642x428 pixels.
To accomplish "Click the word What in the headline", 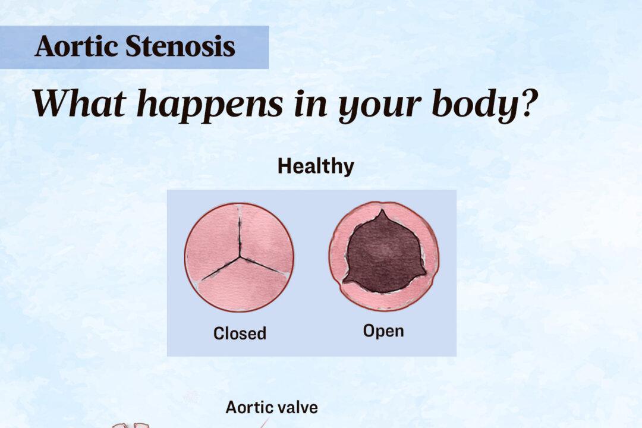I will point(71,103).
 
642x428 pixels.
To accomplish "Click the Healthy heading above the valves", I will point(316,166).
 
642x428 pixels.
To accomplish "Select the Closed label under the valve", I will point(240,333).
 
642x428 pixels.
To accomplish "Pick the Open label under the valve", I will point(383,331).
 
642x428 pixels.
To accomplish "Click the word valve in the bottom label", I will point(296,408).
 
